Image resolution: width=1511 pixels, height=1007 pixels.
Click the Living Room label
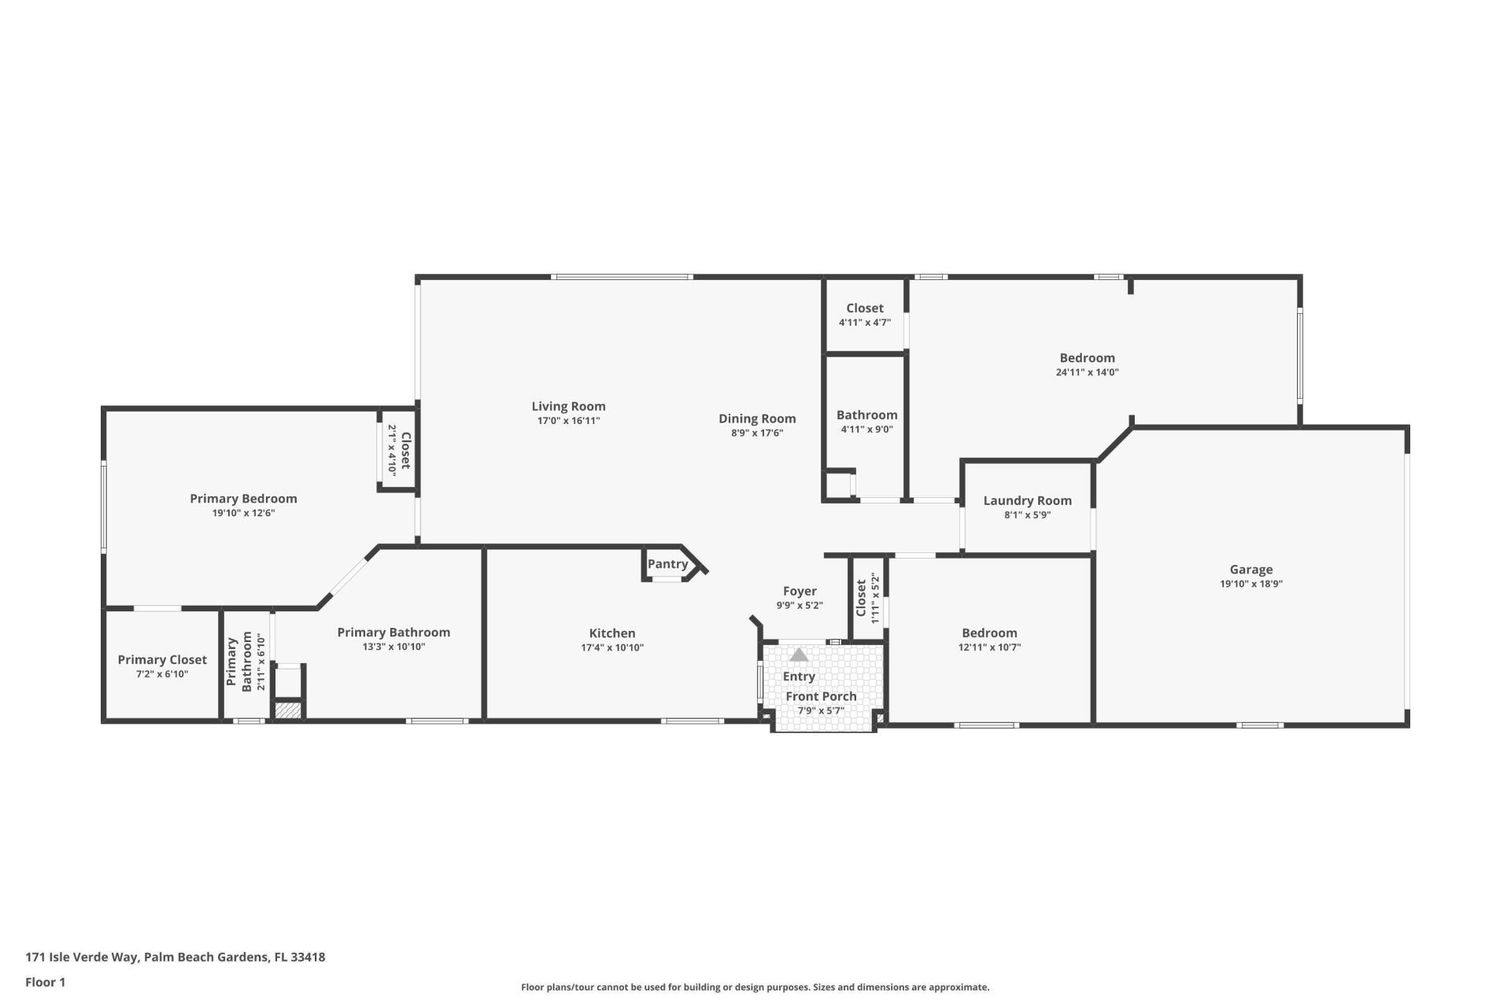[x=568, y=406]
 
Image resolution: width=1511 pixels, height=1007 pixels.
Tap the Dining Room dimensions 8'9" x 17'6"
[x=756, y=433]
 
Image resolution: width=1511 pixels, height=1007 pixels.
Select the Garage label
[x=1251, y=570]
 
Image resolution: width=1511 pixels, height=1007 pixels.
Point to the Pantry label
[x=667, y=564]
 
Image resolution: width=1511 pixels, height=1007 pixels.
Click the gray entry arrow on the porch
[x=799, y=655]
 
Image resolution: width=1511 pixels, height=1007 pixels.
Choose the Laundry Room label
[x=1027, y=500]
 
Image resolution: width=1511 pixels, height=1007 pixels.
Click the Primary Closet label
[x=162, y=660]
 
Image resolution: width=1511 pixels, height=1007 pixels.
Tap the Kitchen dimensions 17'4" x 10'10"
[x=612, y=647]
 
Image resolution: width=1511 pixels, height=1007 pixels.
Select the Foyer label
[x=800, y=591]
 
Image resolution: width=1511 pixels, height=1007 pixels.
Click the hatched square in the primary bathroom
[x=288, y=710]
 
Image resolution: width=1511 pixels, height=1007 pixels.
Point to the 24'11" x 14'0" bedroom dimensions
[x=1087, y=372]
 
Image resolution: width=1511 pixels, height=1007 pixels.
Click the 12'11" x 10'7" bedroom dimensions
[x=989, y=647]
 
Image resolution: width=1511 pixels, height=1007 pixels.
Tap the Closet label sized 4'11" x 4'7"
[x=864, y=308]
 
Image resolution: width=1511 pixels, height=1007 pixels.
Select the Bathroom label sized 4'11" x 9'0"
[x=866, y=415]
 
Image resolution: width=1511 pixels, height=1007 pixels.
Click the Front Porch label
[x=821, y=696]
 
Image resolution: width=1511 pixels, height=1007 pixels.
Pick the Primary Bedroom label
[x=243, y=499]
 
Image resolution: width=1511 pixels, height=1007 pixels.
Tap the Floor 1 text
[x=46, y=982]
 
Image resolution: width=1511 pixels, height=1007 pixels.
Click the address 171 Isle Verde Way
[x=175, y=957]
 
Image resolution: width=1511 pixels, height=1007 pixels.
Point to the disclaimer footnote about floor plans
[x=755, y=987]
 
